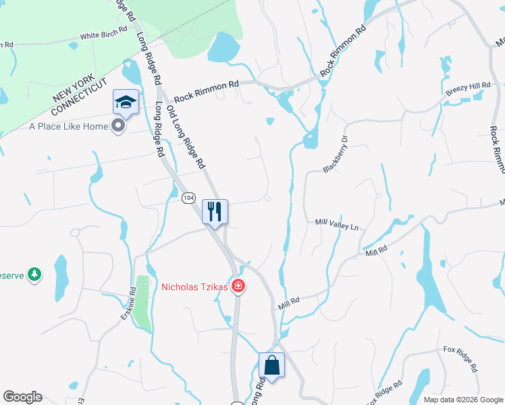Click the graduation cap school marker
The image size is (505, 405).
126,102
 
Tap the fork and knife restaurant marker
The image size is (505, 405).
215,212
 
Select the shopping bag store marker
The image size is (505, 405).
271,365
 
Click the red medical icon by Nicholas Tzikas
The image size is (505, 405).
238,287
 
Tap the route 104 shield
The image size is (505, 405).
188,197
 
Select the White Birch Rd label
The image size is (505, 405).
103,34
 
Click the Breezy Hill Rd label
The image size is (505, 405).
467,86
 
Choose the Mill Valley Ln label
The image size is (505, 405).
336,223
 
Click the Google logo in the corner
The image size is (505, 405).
22,397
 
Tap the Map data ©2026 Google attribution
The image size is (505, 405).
463,400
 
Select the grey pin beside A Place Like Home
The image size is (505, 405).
119,126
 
